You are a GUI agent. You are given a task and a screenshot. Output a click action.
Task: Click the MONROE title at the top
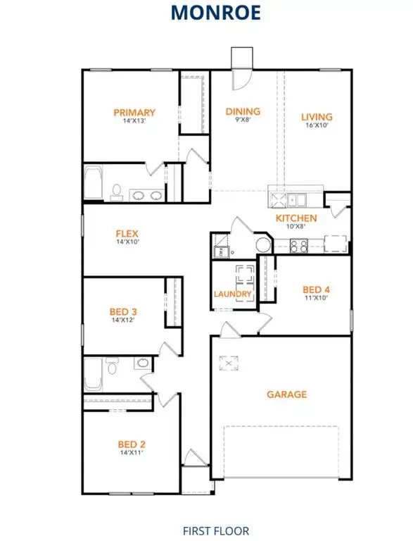click(206, 12)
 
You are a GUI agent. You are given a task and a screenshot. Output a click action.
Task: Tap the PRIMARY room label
click(134, 113)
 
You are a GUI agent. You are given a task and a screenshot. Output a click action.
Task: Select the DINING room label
click(243, 111)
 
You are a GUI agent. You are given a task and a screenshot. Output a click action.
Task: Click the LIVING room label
click(317, 117)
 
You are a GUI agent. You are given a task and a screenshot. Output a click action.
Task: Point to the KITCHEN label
click(296, 218)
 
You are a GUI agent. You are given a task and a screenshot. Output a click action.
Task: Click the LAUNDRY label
click(233, 294)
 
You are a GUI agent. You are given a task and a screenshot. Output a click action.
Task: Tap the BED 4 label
click(316, 289)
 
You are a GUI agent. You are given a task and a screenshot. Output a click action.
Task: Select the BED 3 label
click(123, 311)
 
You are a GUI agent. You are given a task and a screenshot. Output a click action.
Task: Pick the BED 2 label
click(132, 444)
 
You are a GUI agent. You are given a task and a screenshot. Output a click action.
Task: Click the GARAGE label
click(287, 394)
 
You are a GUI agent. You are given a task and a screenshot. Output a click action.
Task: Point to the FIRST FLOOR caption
click(206, 530)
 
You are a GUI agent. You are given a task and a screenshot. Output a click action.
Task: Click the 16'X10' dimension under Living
click(317, 125)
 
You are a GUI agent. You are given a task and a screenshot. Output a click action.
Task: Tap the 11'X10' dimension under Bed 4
click(316, 297)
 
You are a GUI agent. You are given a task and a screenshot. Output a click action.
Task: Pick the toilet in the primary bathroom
click(117, 192)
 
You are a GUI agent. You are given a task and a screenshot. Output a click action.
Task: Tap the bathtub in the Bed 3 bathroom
click(92, 374)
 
